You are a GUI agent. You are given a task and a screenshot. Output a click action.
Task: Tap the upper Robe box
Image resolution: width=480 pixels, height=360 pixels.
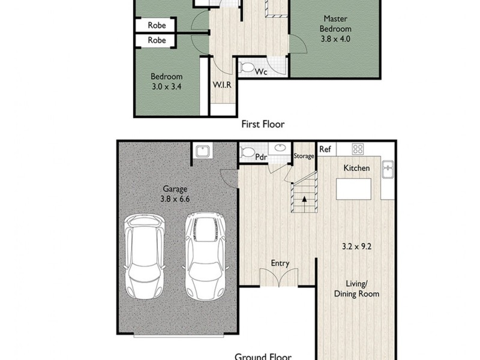click(x=157, y=26)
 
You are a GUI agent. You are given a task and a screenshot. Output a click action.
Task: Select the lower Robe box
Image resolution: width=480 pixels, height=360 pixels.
click(x=157, y=41)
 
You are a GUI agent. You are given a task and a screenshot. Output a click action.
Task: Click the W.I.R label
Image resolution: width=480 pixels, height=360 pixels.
click(x=221, y=85)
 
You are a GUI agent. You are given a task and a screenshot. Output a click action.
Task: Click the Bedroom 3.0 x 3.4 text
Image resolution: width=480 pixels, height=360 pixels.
click(x=166, y=81)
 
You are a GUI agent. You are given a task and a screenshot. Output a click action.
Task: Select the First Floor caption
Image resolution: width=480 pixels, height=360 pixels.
click(x=262, y=125)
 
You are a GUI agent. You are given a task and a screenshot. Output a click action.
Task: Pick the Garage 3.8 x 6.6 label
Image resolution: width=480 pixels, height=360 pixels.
click(x=173, y=193)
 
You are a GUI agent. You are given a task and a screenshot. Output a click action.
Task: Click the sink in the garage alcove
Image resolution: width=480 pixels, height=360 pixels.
click(x=202, y=151)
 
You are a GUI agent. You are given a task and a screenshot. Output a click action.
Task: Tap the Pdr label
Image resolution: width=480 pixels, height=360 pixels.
click(x=261, y=157)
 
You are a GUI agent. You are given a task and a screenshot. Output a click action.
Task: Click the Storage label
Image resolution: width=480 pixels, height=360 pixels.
click(x=304, y=157)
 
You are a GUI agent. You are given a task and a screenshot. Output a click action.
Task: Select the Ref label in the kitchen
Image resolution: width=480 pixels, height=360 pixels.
click(x=325, y=149)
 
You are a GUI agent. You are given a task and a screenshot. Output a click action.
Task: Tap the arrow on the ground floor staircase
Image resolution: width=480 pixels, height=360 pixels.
click(x=304, y=198)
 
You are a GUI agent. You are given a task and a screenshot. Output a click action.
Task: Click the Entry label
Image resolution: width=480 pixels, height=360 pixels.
click(x=280, y=263)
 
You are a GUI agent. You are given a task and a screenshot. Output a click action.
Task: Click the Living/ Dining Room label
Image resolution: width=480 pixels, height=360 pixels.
click(x=356, y=289)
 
